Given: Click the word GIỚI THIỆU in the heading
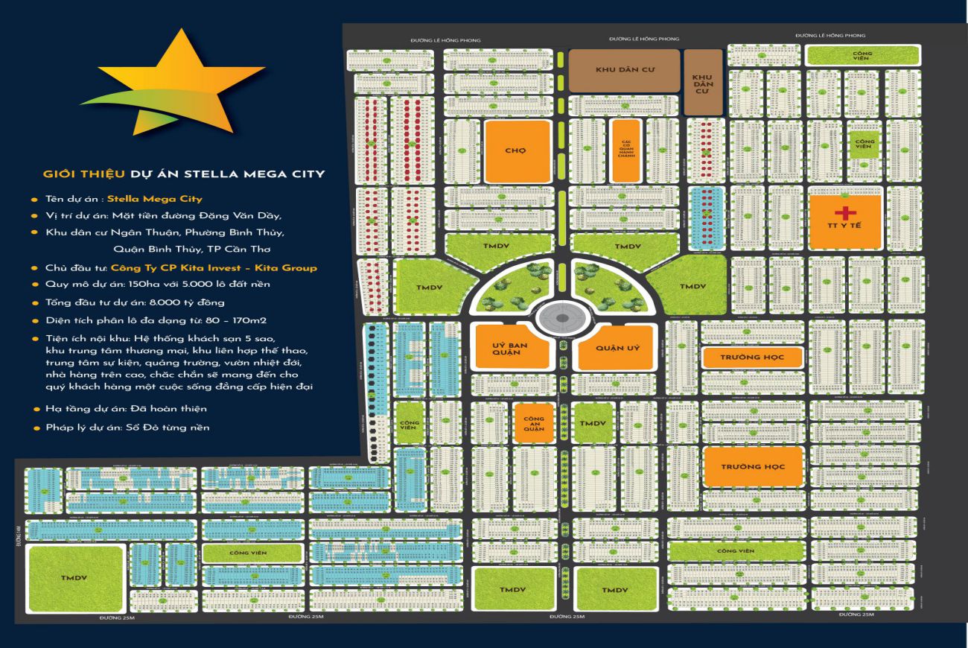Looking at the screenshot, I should tap(77, 174).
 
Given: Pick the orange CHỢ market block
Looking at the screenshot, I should tap(518, 150).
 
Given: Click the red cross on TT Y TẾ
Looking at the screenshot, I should tap(845, 212).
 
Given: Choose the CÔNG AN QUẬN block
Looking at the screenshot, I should tap(534, 424).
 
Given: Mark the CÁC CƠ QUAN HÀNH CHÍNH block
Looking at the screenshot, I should tap(625, 150).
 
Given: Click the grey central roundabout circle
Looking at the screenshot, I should tap(561, 318).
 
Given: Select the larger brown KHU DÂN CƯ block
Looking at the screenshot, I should tap(624, 71).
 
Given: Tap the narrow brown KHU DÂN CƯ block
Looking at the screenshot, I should tap(702, 82).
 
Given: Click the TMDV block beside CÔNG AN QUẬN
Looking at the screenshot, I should tap(593, 423).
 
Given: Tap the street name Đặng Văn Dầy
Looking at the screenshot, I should tap(246, 215).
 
